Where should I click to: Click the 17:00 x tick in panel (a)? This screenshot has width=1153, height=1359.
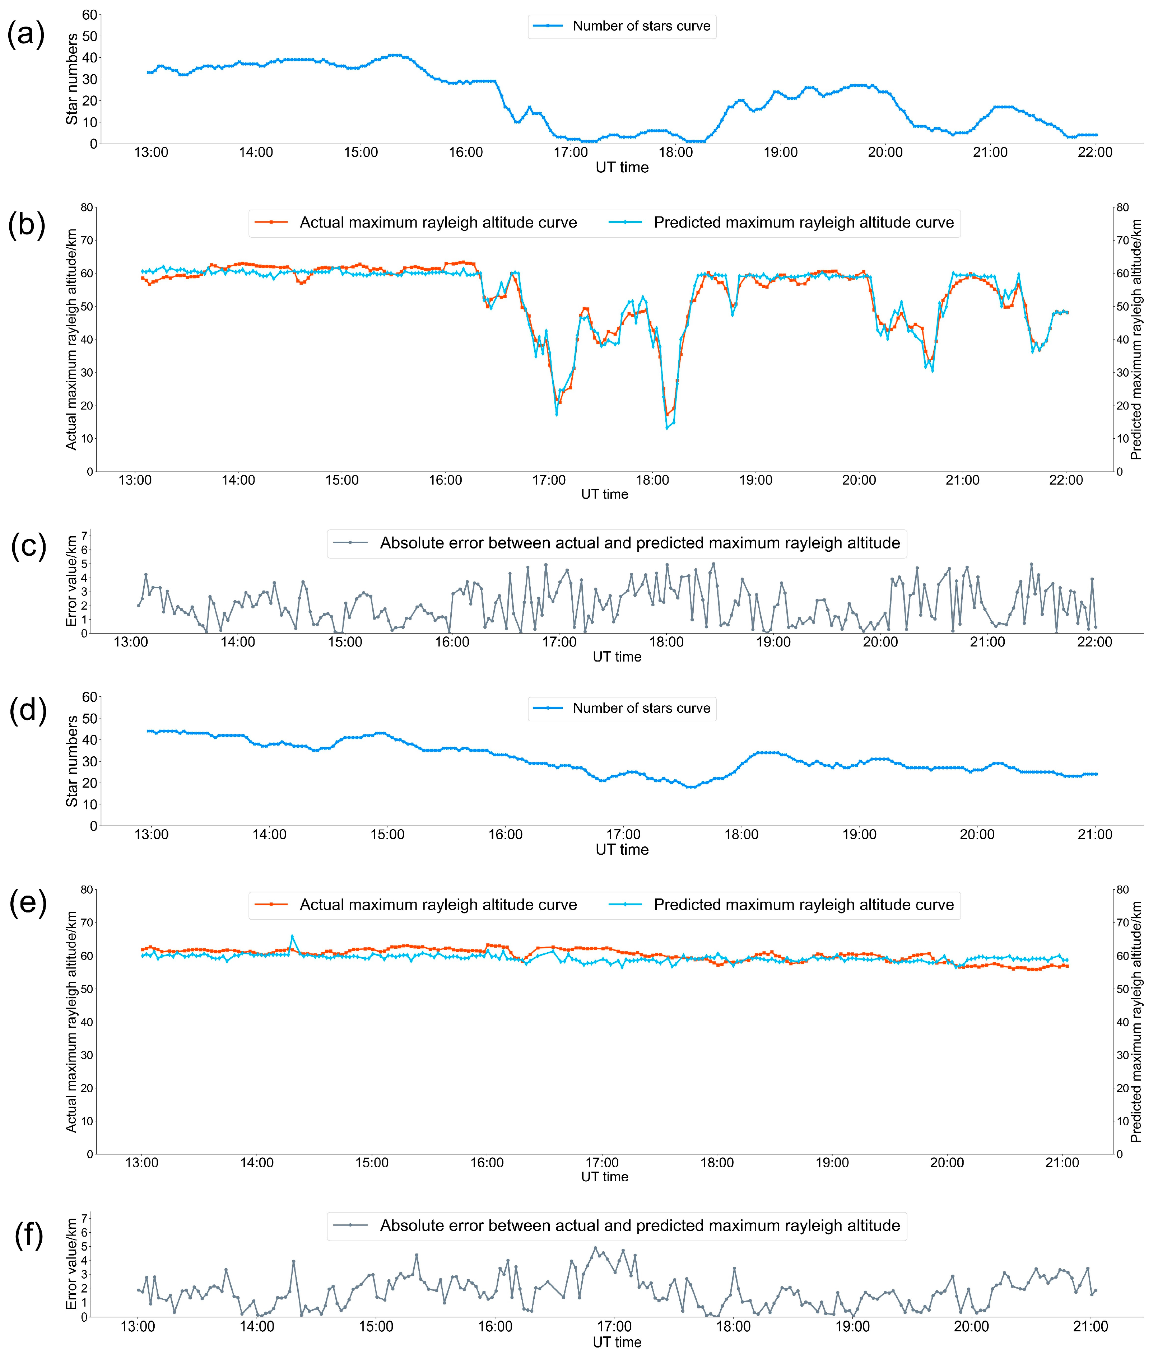tap(571, 152)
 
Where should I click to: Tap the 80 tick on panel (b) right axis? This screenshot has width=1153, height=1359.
tap(1122, 208)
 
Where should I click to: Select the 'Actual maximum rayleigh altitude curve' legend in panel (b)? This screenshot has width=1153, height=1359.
tap(438, 223)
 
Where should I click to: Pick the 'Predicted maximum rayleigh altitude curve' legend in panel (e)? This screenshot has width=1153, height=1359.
tap(803, 905)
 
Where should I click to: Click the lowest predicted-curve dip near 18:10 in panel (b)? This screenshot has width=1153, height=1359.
tap(667, 428)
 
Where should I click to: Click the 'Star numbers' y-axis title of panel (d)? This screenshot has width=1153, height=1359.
tap(72, 761)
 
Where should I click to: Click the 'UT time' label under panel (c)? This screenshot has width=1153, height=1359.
tap(617, 657)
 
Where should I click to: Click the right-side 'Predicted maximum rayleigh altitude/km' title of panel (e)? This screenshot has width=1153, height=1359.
tap(1136, 1023)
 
